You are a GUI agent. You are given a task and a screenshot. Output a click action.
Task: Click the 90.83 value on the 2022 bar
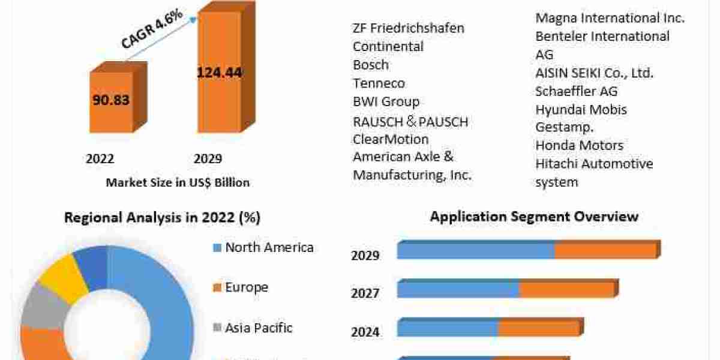tap(111, 100)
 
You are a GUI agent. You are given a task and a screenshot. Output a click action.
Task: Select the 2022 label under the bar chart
tap(100, 159)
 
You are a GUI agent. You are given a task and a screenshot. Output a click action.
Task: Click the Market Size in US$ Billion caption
tap(178, 182)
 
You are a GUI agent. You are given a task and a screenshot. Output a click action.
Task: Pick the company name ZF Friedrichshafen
tap(409, 28)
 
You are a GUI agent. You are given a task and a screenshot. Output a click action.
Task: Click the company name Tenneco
tap(379, 83)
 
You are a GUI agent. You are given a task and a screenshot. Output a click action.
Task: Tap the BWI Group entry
tap(386, 101)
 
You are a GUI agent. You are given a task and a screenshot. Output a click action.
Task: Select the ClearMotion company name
tap(391, 139)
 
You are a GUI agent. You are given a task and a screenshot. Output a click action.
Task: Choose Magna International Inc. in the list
tap(610, 18)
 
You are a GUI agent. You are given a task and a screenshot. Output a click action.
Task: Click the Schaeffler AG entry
tap(576, 91)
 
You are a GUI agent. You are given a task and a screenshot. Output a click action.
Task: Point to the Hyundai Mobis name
tap(581, 110)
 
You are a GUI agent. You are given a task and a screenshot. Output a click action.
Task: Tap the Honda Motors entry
tap(579, 145)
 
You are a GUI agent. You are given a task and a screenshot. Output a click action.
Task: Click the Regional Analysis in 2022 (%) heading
tap(162, 218)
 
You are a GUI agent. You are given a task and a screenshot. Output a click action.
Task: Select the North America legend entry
tap(269, 247)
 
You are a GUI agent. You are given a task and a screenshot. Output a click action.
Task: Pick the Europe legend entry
tap(246, 287)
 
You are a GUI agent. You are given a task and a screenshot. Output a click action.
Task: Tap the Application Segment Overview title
tap(534, 216)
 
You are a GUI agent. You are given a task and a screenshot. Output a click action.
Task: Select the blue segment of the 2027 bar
tap(458, 290)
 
